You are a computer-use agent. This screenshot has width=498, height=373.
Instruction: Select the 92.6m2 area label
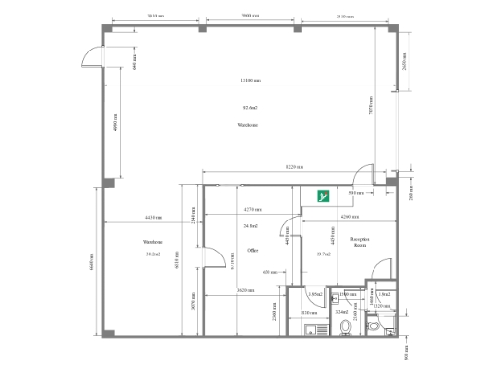(250, 107)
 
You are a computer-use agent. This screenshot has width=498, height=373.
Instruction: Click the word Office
(252, 250)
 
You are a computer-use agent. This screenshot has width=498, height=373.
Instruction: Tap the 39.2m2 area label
(152, 254)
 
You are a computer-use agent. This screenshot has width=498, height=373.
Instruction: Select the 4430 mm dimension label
(153, 217)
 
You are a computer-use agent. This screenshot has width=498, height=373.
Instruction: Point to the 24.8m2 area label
(251, 225)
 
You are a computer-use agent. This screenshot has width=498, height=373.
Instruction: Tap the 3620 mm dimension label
(245, 291)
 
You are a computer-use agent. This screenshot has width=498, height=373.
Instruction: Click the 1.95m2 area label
(315, 294)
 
